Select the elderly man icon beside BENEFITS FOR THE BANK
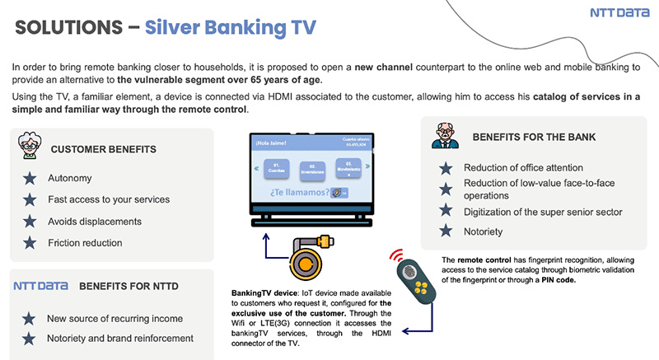point(445,137)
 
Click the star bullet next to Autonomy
point(30,178)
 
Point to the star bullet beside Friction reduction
point(30,243)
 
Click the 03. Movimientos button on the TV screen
point(348,170)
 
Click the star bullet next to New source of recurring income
point(30,318)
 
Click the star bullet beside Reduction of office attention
point(446,168)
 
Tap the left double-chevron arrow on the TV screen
point(256,170)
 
